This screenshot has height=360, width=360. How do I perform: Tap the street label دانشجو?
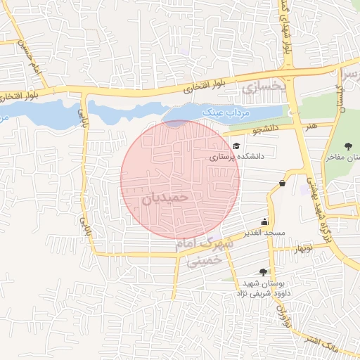[265, 129]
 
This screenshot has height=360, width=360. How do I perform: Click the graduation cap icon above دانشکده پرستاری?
[236, 146]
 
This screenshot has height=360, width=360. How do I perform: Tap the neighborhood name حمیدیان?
[166, 198]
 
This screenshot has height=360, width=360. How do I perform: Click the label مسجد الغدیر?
[264, 233]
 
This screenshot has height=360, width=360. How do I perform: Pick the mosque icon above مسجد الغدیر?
[264, 221]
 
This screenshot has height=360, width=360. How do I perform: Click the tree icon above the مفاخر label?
[349, 146]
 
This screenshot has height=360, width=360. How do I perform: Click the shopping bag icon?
[282, 184]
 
